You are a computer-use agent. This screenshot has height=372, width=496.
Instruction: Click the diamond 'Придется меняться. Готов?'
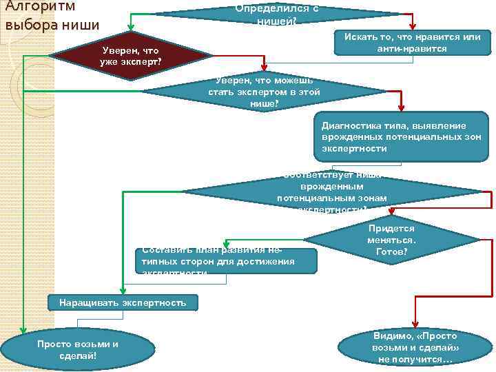coord(391,240)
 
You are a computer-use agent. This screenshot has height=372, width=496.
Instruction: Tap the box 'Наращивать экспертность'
coord(123,303)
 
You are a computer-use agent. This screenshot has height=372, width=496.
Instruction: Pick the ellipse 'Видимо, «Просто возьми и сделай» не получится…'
coord(414,347)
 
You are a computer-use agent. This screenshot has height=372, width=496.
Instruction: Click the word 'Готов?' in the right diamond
coord(391,252)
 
